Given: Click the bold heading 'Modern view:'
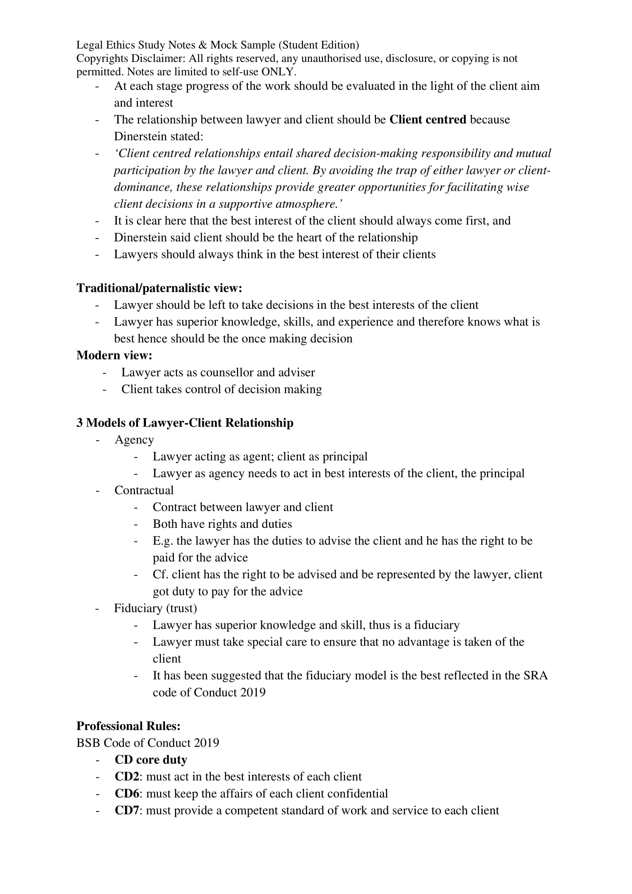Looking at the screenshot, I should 114,355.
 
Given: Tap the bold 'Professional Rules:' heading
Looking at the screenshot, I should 128,726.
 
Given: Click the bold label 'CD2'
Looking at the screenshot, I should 126,776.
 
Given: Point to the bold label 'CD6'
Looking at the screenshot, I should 126,793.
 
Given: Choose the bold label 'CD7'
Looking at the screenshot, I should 126,810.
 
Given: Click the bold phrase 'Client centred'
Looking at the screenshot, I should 428,119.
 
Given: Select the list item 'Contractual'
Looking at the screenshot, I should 144,490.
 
